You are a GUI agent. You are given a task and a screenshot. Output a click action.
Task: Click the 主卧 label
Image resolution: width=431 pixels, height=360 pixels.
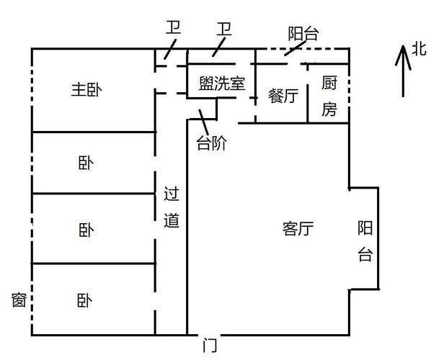tap(86, 90)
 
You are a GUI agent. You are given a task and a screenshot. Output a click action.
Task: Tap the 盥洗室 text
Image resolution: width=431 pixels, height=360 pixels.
tap(222, 84)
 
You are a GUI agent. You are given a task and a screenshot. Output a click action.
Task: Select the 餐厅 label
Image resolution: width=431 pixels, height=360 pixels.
tap(283, 96)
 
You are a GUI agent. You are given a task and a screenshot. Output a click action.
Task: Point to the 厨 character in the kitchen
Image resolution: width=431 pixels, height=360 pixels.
tap(329, 83)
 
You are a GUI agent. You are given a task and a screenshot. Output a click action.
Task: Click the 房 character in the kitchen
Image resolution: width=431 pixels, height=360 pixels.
tap(329, 109)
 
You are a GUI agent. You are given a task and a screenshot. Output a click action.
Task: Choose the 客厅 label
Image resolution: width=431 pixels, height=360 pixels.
tap(298, 228)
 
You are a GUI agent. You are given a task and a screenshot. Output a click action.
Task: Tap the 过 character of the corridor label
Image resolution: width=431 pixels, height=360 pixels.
tap(172, 194)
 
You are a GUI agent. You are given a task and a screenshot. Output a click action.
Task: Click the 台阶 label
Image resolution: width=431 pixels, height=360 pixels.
tap(211, 143)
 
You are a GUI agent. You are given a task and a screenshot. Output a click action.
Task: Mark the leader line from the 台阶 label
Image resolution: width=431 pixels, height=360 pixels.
tap(204, 122)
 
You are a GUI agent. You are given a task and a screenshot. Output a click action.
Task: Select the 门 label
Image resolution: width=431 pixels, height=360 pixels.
tap(210, 346)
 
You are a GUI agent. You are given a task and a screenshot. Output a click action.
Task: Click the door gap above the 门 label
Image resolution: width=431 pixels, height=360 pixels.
tap(210, 335)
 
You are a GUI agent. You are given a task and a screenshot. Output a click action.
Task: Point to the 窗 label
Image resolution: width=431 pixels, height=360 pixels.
tap(19, 300)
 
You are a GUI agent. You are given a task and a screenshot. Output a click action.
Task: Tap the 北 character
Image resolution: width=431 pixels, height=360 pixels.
tap(419, 50)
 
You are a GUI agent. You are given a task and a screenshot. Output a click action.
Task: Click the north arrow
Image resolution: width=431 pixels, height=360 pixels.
tap(403, 71)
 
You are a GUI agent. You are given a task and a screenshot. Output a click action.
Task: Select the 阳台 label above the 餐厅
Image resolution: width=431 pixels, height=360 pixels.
tap(303, 34)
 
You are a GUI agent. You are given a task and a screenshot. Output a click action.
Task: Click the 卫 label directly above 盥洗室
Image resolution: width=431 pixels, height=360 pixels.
tap(224, 29)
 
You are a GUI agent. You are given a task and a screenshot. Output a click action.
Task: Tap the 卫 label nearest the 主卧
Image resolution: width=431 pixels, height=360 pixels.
tap(173, 27)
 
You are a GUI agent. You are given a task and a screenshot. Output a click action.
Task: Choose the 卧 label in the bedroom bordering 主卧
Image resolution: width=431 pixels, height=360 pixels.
tap(86, 163)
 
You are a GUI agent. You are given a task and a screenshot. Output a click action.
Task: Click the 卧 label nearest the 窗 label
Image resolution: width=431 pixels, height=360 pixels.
tap(84, 300)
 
